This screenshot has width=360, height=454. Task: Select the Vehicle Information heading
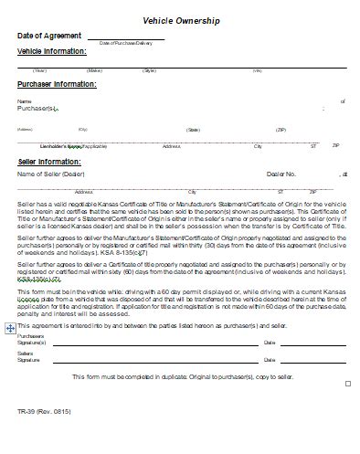pyautogui.click(x=52, y=51)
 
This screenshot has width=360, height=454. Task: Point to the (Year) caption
pyautogui.click(x=39, y=69)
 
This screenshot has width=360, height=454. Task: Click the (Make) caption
pyautogui.click(x=93, y=69)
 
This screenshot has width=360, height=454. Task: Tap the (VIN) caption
pyautogui.click(x=258, y=69)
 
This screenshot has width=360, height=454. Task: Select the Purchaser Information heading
pyautogui.click(x=57, y=84)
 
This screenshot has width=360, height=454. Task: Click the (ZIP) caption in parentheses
pyautogui.click(x=281, y=130)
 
